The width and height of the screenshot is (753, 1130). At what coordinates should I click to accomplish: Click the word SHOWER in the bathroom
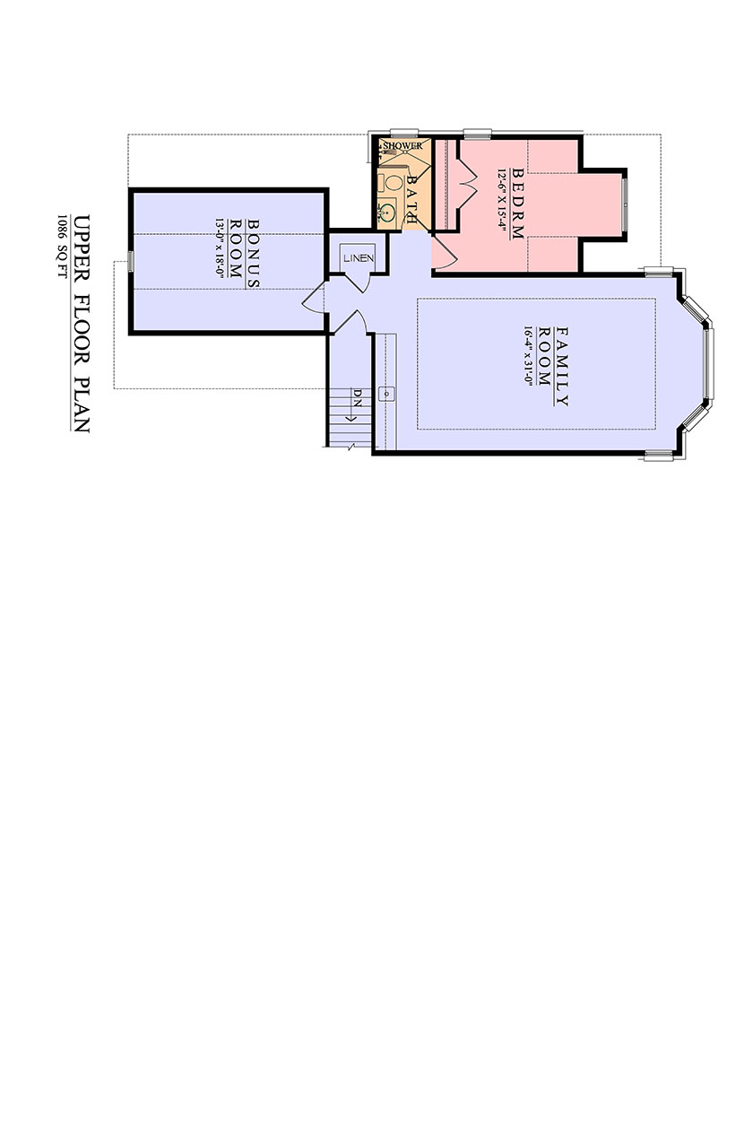click(402, 146)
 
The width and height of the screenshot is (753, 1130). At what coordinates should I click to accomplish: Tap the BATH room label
click(412, 199)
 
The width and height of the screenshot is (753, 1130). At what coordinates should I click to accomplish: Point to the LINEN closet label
click(359, 258)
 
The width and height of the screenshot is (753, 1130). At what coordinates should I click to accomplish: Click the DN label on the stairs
click(358, 396)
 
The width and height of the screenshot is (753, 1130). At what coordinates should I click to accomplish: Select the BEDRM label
click(518, 203)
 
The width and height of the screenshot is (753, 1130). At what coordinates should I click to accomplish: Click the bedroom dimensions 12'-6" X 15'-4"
click(502, 203)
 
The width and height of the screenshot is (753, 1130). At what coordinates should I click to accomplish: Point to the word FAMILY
click(562, 366)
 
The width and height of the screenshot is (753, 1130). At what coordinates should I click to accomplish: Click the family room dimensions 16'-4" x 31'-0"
click(529, 356)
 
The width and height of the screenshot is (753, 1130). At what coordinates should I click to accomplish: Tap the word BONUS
click(253, 254)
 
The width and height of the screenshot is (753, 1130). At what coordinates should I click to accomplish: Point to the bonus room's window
click(131, 262)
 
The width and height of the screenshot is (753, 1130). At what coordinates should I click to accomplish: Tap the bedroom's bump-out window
click(625, 204)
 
